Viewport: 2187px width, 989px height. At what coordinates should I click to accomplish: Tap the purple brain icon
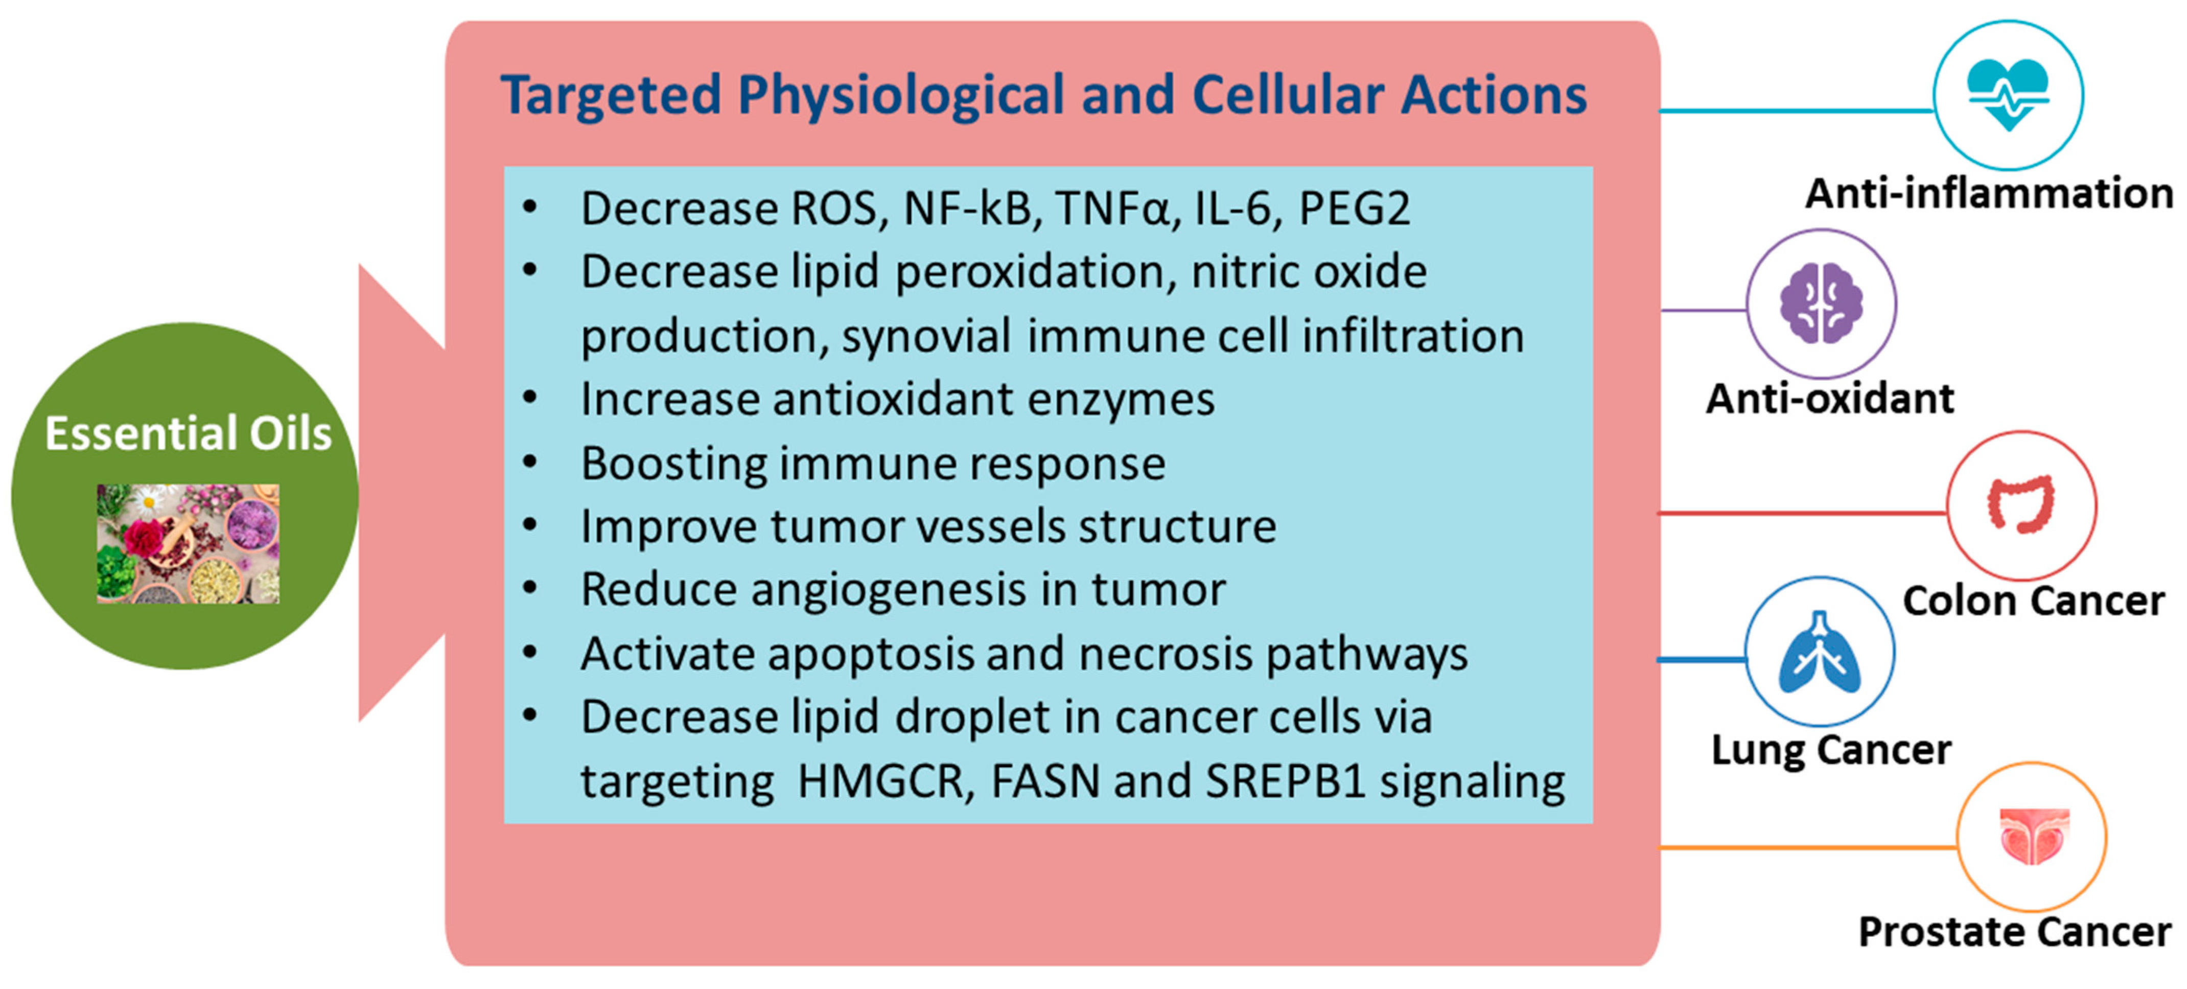pyautogui.click(x=1821, y=303)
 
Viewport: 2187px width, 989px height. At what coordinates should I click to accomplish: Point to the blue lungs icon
pyautogui.click(x=1820, y=652)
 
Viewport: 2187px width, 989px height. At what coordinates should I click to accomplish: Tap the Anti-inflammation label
pyautogui.click(x=1989, y=194)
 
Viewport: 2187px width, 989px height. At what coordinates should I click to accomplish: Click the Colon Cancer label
pyautogui.click(x=2033, y=601)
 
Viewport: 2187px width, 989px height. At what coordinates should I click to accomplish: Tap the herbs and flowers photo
pyautogui.click(x=188, y=543)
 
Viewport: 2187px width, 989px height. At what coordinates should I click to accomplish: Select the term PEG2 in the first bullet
pyautogui.click(x=1355, y=209)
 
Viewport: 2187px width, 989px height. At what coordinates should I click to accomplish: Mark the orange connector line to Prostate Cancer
pyautogui.click(x=1808, y=847)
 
